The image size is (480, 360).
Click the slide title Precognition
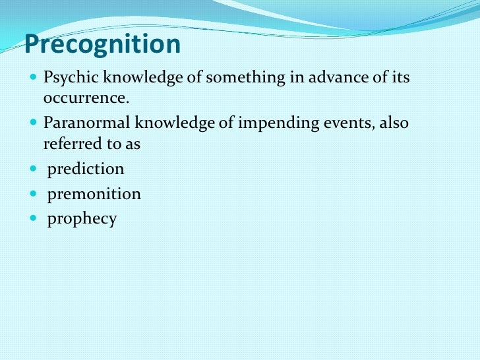(x=102, y=45)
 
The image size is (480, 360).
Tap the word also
(x=394, y=123)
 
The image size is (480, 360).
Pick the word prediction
(x=85, y=169)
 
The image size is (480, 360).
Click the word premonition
(x=94, y=194)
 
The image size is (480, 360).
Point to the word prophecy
(x=82, y=220)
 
